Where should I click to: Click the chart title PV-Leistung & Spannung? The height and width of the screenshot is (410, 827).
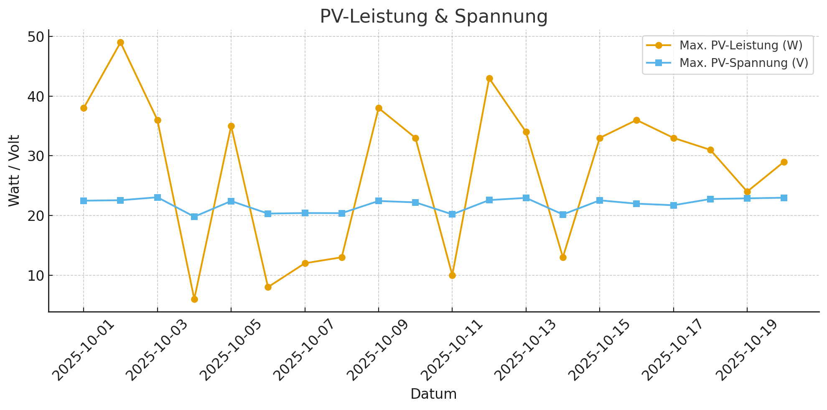click(433, 17)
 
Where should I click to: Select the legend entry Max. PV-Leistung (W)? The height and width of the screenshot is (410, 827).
click(740, 46)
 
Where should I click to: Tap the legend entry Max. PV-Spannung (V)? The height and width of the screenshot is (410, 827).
click(743, 63)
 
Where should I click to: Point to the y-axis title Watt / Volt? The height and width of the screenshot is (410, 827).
click(14, 171)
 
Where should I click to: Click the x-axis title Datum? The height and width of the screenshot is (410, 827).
click(433, 394)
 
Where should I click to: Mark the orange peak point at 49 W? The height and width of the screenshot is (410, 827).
click(120, 42)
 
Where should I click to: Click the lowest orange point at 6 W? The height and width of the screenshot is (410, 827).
click(194, 299)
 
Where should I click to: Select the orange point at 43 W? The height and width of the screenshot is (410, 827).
click(489, 78)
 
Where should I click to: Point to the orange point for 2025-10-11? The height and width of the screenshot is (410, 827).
click(452, 275)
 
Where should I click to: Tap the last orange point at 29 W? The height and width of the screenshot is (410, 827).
click(784, 162)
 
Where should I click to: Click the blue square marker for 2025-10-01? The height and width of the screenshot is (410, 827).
click(84, 201)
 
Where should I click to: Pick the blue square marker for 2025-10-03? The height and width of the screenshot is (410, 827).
click(158, 197)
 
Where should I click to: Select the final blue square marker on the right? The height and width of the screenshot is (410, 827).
click(784, 198)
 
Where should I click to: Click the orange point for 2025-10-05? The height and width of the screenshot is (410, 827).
click(231, 126)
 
